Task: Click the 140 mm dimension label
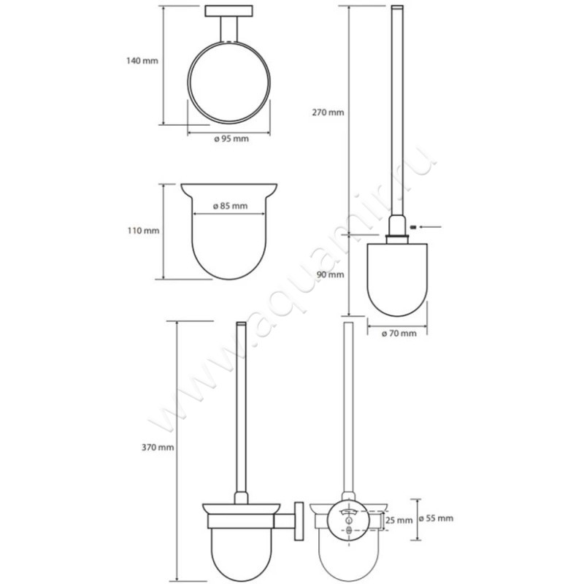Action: (142, 61)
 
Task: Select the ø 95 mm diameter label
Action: (231, 139)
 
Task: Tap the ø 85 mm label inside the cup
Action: (230, 206)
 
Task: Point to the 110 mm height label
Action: (143, 231)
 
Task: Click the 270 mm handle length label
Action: (328, 112)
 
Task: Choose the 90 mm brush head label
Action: (331, 275)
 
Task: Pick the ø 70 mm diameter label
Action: (399, 334)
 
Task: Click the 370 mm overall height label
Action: (158, 447)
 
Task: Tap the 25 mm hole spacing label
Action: (399, 520)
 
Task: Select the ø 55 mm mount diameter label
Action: (436, 518)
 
